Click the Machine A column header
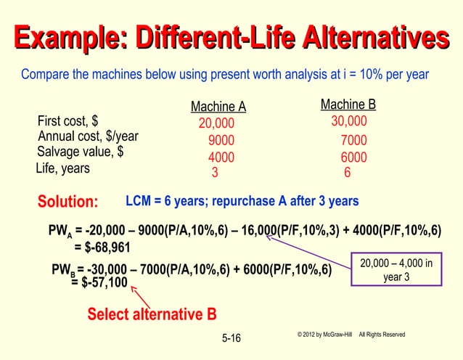click(218, 108)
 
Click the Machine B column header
click(348, 105)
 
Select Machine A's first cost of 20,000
click(216, 124)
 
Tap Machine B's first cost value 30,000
click(348, 121)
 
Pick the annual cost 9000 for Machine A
click(221, 141)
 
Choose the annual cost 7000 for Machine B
click(353, 140)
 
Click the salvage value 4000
click(221, 157)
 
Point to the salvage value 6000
click(353, 157)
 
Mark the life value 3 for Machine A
click(214, 173)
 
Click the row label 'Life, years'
click(63, 168)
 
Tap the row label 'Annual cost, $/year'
click(88, 137)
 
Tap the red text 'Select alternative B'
click(152, 314)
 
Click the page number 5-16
click(230, 337)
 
